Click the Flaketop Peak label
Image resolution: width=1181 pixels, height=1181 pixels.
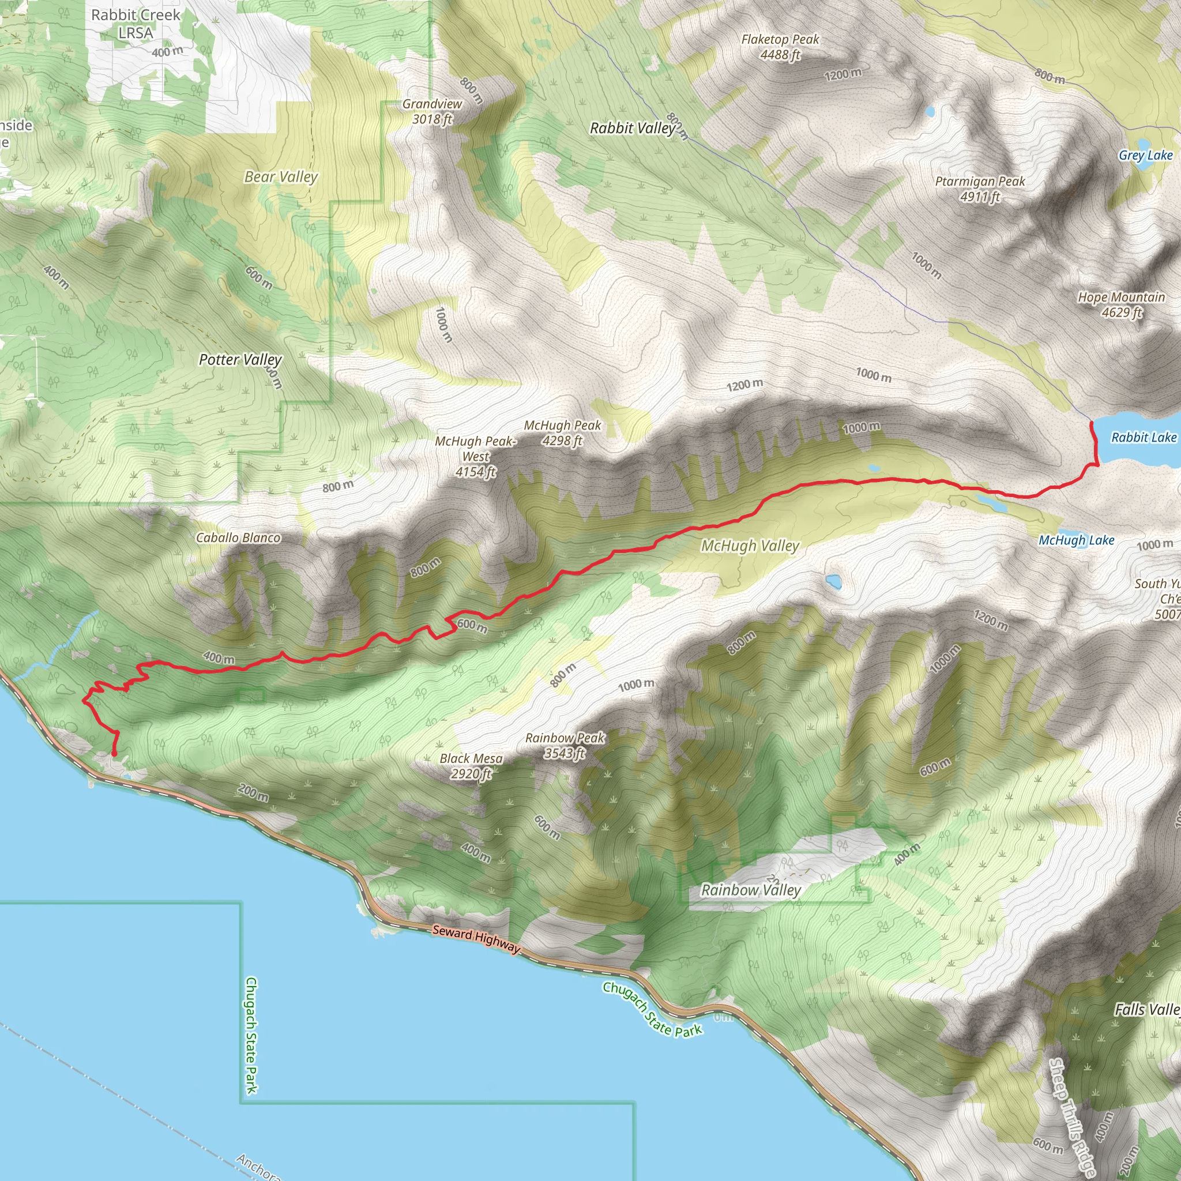click(780, 47)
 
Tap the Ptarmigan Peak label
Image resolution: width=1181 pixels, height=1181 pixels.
click(979, 189)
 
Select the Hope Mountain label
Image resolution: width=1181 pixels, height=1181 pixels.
click(1121, 305)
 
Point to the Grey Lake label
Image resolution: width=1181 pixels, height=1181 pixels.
click(1146, 155)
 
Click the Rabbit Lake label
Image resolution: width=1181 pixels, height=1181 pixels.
click(1143, 438)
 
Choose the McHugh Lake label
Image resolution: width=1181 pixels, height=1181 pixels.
click(1077, 540)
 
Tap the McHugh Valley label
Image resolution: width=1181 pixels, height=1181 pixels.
click(750, 546)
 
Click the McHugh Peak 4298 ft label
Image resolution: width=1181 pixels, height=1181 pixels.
click(562, 433)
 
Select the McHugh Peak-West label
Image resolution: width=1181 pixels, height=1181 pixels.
click(476, 457)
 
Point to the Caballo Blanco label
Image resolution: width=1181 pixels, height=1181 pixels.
click(238, 538)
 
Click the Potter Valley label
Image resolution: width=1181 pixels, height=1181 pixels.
click(240, 360)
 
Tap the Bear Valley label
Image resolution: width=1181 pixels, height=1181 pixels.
click(281, 177)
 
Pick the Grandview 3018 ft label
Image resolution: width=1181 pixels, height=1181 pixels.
click(432, 111)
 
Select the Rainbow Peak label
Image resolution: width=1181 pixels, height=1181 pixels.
click(565, 746)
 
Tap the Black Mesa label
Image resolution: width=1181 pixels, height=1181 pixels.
click(471, 766)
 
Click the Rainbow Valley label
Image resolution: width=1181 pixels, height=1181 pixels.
click(751, 890)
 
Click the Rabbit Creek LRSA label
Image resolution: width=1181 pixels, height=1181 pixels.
click(136, 24)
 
